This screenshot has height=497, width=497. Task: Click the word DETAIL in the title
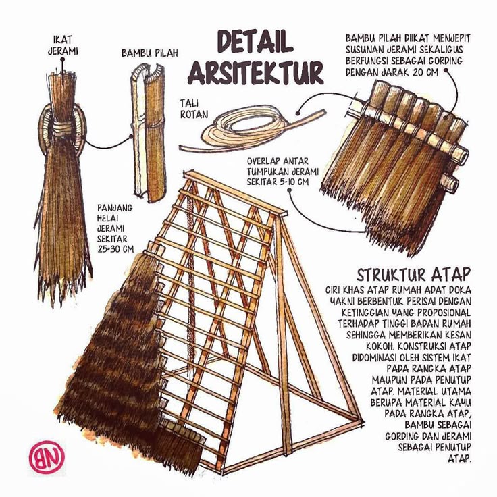click(255, 41)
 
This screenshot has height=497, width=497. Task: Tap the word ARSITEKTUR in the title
click(255, 72)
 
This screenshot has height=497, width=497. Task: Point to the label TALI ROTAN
click(194, 109)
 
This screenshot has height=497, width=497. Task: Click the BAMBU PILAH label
click(150, 53)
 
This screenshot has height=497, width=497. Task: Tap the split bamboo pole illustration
click(149, 132)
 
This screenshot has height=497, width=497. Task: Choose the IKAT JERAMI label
click(63, 45)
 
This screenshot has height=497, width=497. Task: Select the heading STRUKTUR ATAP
click(414, 275)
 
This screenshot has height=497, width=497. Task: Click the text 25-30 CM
click(115, 248)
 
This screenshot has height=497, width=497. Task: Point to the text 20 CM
click(425, 72)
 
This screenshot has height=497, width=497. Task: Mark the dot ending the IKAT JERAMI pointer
click(63, 59)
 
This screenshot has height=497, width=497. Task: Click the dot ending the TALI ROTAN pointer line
click(298, 113)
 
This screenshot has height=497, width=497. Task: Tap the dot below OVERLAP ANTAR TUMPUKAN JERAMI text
click(289, 190)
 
